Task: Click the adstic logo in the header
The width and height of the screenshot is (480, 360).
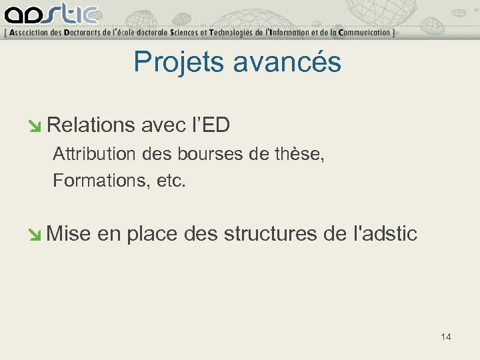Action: point(50,14)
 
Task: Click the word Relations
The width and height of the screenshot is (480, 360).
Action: point(91,125)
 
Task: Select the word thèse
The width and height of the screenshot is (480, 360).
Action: point(299,155)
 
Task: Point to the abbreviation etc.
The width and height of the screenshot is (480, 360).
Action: point(171,181)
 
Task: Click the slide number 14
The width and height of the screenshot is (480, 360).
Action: point(446,337)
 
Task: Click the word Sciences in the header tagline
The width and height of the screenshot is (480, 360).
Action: point(189,32)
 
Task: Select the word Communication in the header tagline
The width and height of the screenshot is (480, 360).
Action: point(363,32)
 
